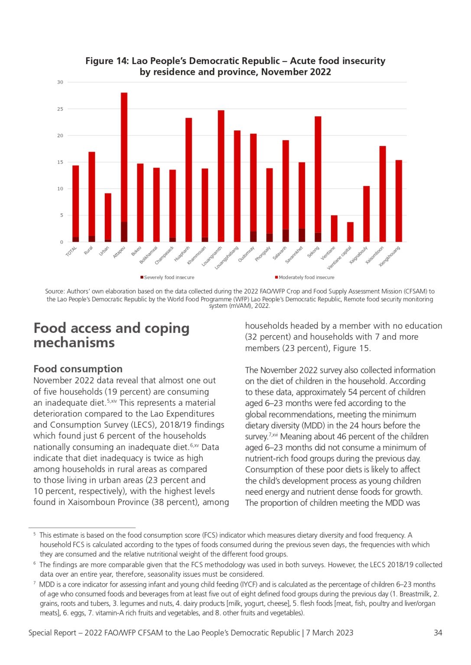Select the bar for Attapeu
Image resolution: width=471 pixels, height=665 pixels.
124,167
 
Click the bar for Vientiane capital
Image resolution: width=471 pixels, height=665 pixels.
351,232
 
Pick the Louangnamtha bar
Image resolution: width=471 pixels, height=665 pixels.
221,176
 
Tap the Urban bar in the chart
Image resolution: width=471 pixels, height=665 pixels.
108,218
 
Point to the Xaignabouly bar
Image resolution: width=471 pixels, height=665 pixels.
367,214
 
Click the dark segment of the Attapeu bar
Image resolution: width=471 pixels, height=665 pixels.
124,232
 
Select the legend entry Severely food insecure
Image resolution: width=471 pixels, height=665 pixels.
167,277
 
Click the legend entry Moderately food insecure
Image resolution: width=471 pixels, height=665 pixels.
305,277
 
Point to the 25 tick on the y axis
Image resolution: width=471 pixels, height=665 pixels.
60,109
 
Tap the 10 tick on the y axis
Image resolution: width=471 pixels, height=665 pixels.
60,189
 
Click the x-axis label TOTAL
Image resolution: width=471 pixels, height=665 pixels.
71,251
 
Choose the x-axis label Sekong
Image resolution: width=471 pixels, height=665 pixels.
314,252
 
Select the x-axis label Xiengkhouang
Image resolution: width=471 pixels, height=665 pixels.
390,256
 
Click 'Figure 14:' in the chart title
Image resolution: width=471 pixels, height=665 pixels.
107,61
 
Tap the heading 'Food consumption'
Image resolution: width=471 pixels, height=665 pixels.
78,369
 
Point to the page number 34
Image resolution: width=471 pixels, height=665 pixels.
438,633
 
